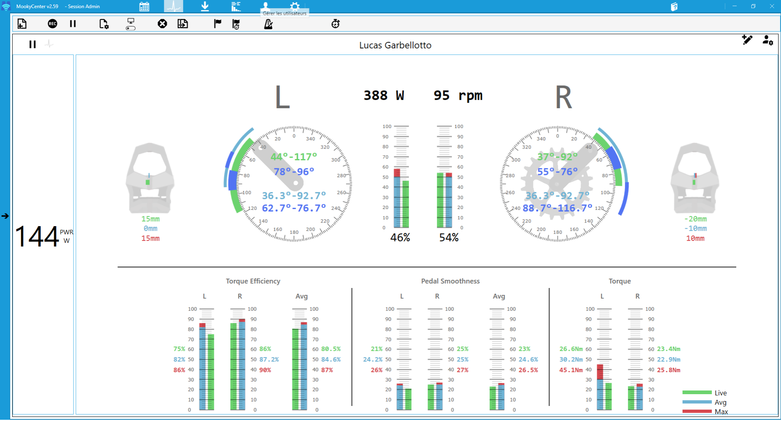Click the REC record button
52,24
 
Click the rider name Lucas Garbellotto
395,45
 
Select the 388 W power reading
384,95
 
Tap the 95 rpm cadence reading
458,95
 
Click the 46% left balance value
400,238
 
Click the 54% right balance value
449,238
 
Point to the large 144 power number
37,237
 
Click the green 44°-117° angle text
294,157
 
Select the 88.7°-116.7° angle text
557,208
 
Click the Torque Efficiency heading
253,281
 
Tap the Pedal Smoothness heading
450,281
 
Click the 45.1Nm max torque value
571,370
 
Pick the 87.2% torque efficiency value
269,360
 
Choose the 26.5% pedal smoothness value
528,370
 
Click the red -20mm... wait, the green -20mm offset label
695,219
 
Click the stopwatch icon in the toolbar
336,24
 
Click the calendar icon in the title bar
144,7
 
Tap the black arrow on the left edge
5,216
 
